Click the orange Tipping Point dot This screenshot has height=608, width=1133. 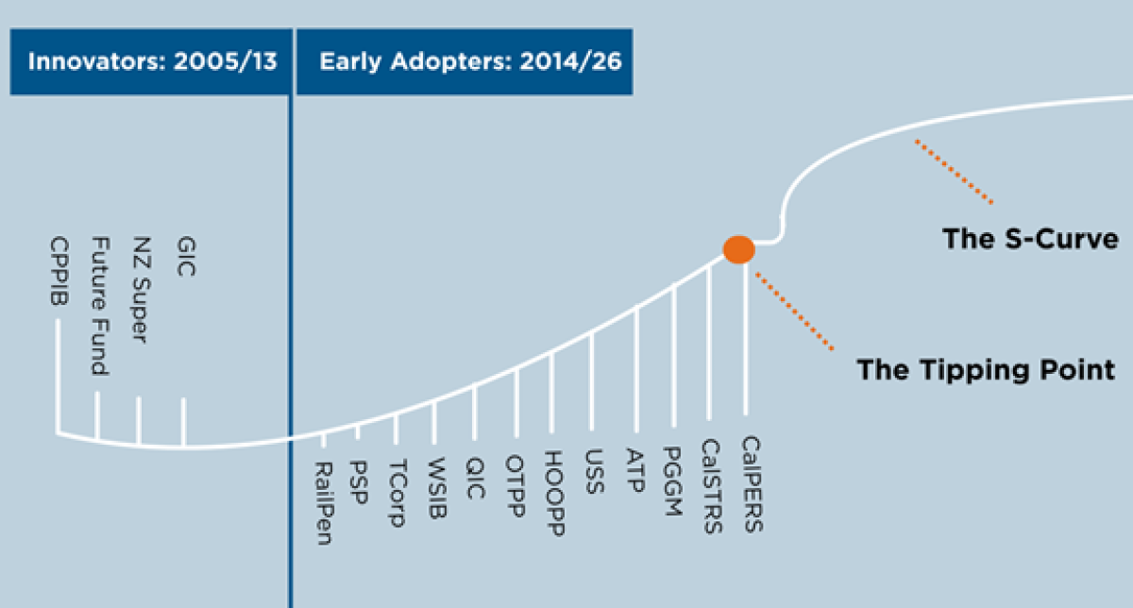(738, 249)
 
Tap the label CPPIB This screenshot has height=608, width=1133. (59, 273)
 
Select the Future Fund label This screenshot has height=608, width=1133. (98, 307)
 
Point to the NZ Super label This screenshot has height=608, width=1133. (142, 290)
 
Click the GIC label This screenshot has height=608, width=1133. (185, 256)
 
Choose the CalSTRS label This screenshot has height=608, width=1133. (711, 487)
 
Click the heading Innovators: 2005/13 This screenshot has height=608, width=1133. (152, 63)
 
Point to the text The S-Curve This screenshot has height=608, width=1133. (1030, 238)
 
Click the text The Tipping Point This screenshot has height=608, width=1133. (986, 369)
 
